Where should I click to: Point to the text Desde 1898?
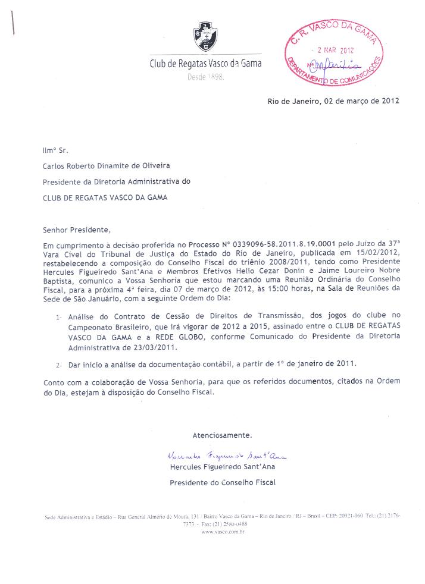pos(205,78)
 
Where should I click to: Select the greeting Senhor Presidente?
pos(77,229)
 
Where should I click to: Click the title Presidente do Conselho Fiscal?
pos(223,482)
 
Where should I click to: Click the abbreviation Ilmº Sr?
pos(55,152)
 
